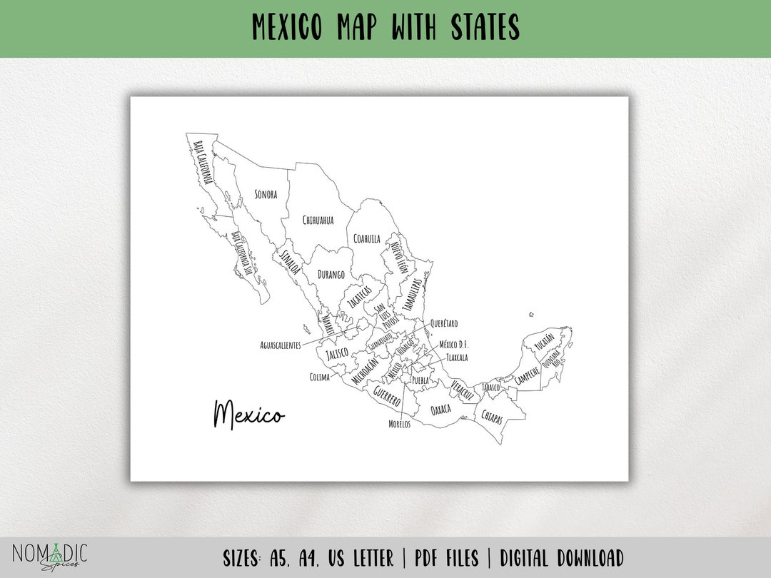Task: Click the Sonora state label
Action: pyautogui.click(x=266, y=194)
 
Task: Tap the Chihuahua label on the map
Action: pyautogui.click(x=318, y=220)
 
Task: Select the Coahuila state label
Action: pyautogui.click(x=367, y=239)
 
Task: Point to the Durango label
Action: pyautogui.click(x=331, y=275)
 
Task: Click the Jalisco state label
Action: pyautogui.click(x=337, y=353)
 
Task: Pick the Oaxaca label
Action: pyautogui.click(x=440, y=410)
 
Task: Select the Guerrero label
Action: pyautogui.click(x=386, y=396)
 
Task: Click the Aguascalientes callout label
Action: pyautogui.click(x=280, y=345)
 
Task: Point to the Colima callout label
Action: pyautogui.click(x=319, y=377)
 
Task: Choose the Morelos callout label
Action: pyautogui.click(x=399, y=424)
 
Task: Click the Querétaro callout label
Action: pyautogui.click(x=444, y=323)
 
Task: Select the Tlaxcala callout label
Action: pyautogui.click(x=457, y=358)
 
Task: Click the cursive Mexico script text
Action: pyautogui.click(x=248, y=415)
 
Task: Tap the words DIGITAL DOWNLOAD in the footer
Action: pyautogui.click(x=562, y=557)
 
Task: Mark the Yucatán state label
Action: pyautogui.click(x=543, y=342)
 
